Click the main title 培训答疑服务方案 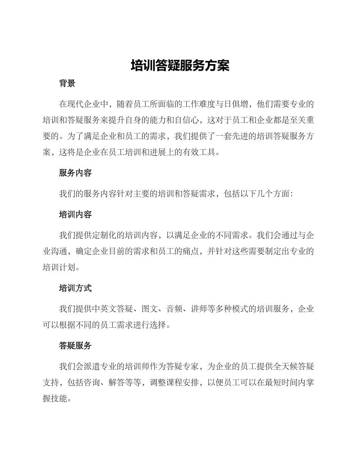[180, 66]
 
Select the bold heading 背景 [67, 83]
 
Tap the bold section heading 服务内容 [75, 173]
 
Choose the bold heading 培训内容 [75, 214]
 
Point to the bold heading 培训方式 [75, 288]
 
